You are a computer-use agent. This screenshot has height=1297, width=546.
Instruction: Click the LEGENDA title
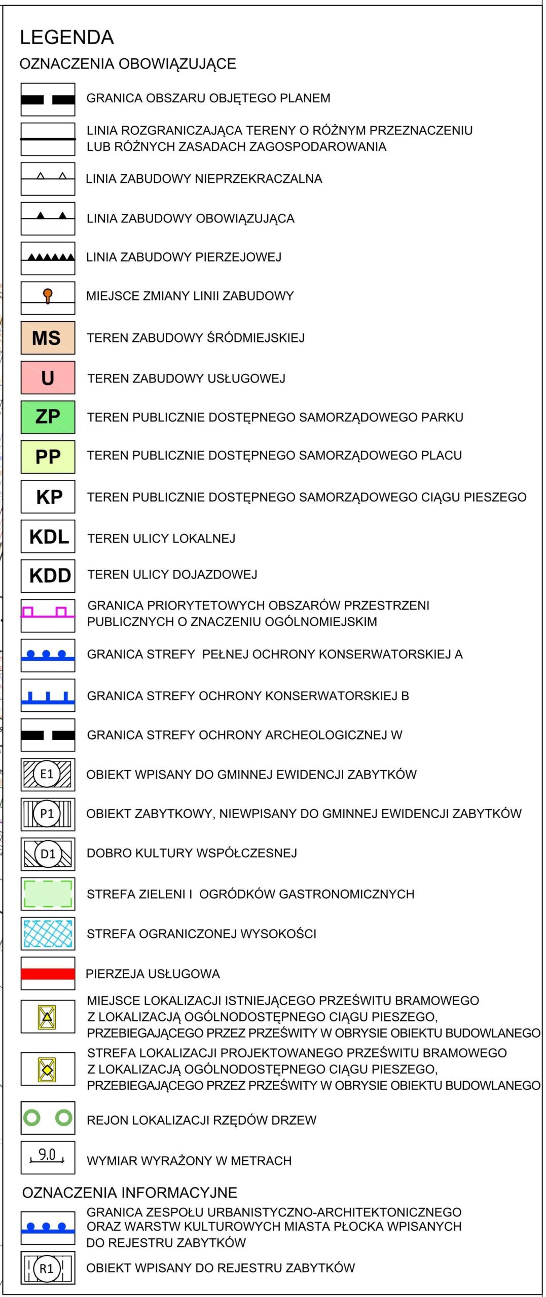point(66,37)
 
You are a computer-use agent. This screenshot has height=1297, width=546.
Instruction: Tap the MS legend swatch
point(48,337)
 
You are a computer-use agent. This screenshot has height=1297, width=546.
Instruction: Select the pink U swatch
point(48,377)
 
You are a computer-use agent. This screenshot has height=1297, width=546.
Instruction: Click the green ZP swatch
point(48,417)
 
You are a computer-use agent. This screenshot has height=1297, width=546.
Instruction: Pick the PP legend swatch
point(48,456)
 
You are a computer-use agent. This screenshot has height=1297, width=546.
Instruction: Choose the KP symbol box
point(48,497)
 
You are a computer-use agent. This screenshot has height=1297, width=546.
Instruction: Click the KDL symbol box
point(48,536)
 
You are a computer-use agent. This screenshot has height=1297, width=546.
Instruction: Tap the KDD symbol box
point(48,576)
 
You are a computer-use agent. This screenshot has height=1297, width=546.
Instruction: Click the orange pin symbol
point(48,295)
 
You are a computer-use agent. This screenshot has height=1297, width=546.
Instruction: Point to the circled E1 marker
point(47,774)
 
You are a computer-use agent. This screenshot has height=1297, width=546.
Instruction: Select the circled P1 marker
point(47,814)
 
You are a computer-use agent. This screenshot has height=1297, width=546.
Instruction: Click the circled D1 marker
point(48,854)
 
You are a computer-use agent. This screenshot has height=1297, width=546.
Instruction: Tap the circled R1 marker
point(46,1269)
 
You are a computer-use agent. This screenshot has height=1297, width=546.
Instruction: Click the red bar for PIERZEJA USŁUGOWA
point(48,973)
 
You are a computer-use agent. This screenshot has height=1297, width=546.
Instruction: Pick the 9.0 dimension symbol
point(47,1156)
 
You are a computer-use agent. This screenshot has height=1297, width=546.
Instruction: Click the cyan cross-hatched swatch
point(48,933)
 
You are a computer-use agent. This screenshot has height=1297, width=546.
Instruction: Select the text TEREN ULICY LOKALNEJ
point(161,538)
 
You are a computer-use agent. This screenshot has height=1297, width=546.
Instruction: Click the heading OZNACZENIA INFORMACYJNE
point(129,1193)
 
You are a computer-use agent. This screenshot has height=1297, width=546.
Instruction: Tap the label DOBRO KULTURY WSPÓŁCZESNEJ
point(192,853)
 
